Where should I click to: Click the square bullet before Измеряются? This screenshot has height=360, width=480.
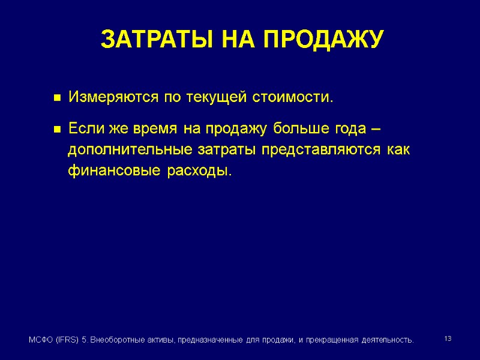click(x=58, y=97)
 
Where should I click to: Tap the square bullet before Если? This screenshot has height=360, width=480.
click(x=58, y=129)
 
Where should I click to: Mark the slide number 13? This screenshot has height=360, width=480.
click(x=448, y=340)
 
